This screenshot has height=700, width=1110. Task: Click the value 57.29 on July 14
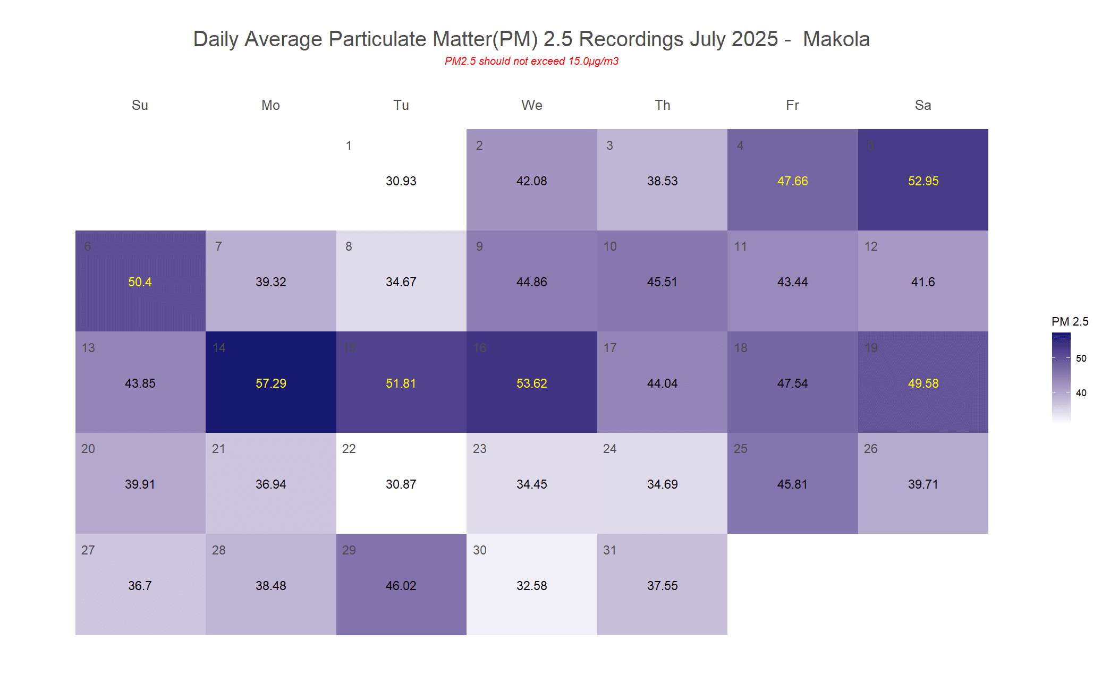click(270, 383)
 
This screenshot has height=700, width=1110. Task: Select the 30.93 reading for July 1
click(401, 181)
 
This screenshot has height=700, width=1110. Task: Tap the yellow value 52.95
click(923, 181)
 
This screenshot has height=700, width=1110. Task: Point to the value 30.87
click(401, 484)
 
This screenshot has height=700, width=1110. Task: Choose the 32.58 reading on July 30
click(531, 586)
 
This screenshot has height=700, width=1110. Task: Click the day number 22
click(349, 449)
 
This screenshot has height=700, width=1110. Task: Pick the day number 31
click(609, 550)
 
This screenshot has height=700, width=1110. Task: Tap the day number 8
click(349, 246)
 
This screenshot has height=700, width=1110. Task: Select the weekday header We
click(531, 105)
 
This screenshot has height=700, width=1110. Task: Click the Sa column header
click(922, 105)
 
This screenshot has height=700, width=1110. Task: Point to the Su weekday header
click(140, 105)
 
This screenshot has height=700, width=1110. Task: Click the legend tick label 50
click(1081, 358)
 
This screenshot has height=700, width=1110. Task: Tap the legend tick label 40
click(1081, 393)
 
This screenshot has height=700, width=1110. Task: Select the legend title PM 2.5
click(1070, 321)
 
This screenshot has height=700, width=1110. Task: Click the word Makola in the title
click(836, 39)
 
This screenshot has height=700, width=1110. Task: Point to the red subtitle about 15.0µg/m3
click(531, 61)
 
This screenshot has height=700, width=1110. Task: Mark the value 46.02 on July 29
click(401, 586)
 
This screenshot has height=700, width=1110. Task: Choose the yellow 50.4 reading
click(140, 282)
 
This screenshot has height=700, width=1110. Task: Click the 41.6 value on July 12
click(923, 282)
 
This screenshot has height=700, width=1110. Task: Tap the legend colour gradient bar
click(1061, 377)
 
